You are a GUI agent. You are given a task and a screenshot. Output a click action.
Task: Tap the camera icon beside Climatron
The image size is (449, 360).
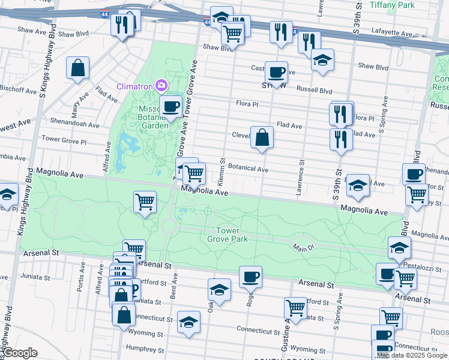161,86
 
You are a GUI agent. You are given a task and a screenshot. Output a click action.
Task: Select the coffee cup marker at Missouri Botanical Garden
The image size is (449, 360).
170,107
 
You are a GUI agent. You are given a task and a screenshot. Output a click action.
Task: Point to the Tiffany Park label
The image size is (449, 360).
392,5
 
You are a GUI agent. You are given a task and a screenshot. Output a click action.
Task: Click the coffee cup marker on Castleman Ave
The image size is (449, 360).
276,72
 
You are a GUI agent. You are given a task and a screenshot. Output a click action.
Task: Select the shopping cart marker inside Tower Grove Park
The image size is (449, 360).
145,202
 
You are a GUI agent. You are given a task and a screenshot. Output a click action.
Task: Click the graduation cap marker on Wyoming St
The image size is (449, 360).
189,322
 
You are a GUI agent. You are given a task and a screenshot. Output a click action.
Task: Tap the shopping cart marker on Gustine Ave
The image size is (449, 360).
295,308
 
